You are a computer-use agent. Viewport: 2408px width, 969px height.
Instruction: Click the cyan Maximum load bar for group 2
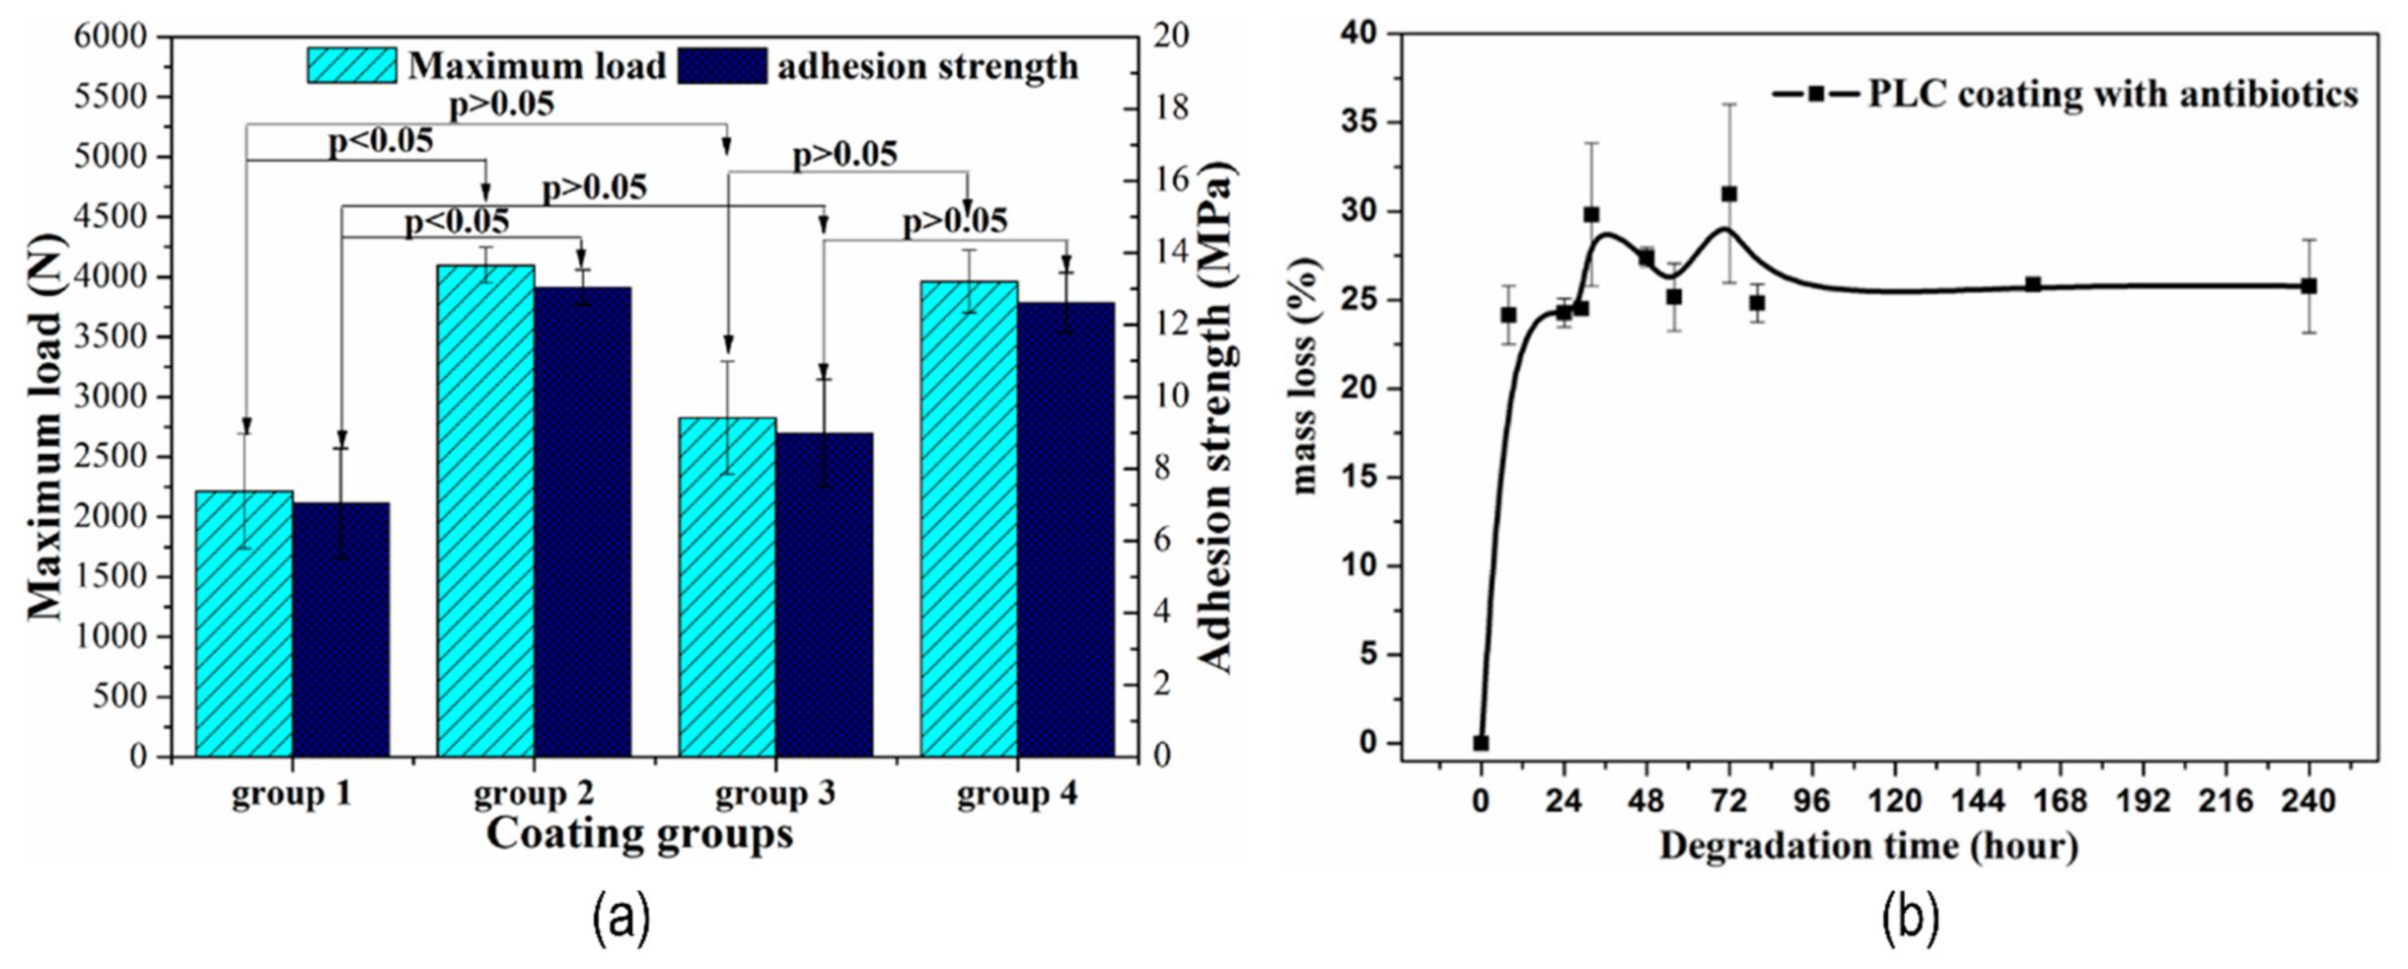coord(485,513)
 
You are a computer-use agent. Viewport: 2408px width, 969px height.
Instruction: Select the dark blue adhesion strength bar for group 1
coord(341,632)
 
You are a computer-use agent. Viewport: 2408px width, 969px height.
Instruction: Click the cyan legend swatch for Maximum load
coord(351,65)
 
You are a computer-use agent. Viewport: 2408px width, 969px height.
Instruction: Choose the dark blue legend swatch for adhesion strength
coord(722,65)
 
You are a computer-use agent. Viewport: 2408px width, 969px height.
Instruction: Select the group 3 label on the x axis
coord(774,793)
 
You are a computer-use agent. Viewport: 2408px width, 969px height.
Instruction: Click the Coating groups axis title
coord(639,835)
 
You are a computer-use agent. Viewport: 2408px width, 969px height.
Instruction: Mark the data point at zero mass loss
coord(1481,743)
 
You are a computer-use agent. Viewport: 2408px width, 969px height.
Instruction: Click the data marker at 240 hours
coord(2309,286)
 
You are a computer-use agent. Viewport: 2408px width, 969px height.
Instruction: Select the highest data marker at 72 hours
coord(1729,194)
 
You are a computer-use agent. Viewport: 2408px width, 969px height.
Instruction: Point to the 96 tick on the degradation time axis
coord(1812,801)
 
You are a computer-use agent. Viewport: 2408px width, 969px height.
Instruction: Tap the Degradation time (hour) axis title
coord(1868,847)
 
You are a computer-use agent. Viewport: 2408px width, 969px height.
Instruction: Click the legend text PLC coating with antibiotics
coord(2112,95)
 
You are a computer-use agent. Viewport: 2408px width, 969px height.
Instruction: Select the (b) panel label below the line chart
coord(1911,918)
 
